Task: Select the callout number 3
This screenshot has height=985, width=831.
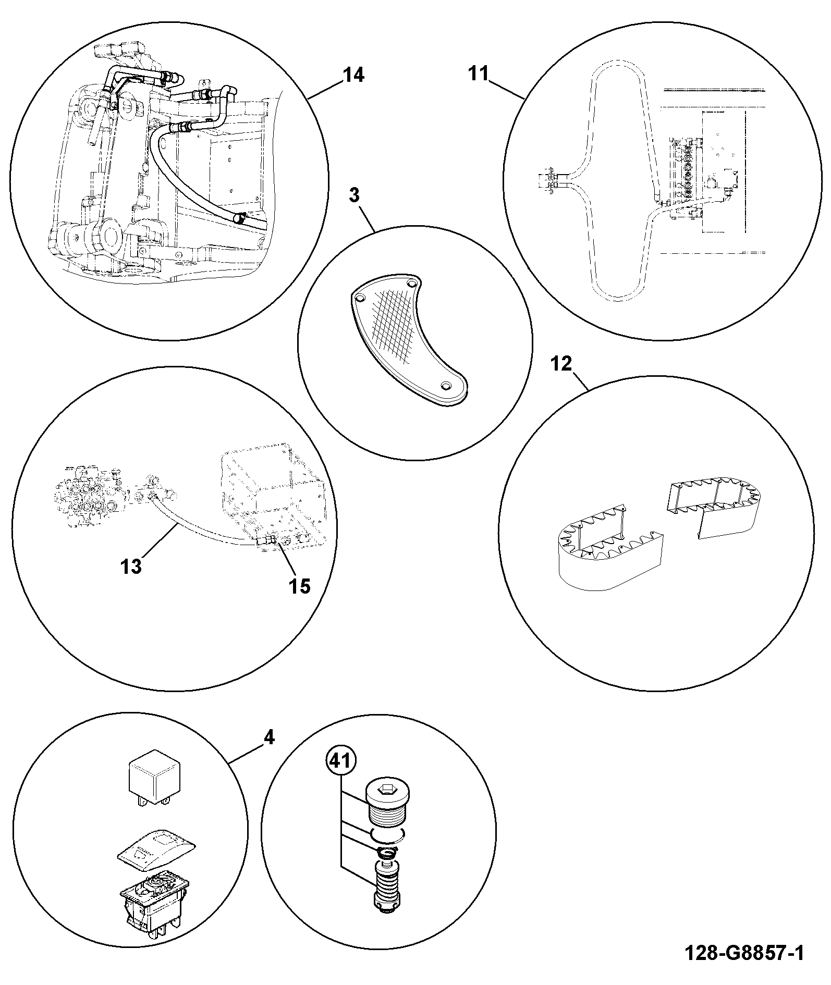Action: (x=355, y=196)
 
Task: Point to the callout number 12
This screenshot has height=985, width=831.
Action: (x=561, y=363)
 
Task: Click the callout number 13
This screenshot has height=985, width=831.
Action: (x=131, y=566)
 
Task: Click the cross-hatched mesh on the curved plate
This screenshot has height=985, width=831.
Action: (x=397, y=325)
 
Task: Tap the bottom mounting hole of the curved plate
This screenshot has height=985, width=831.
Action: (x=445, y=385)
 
